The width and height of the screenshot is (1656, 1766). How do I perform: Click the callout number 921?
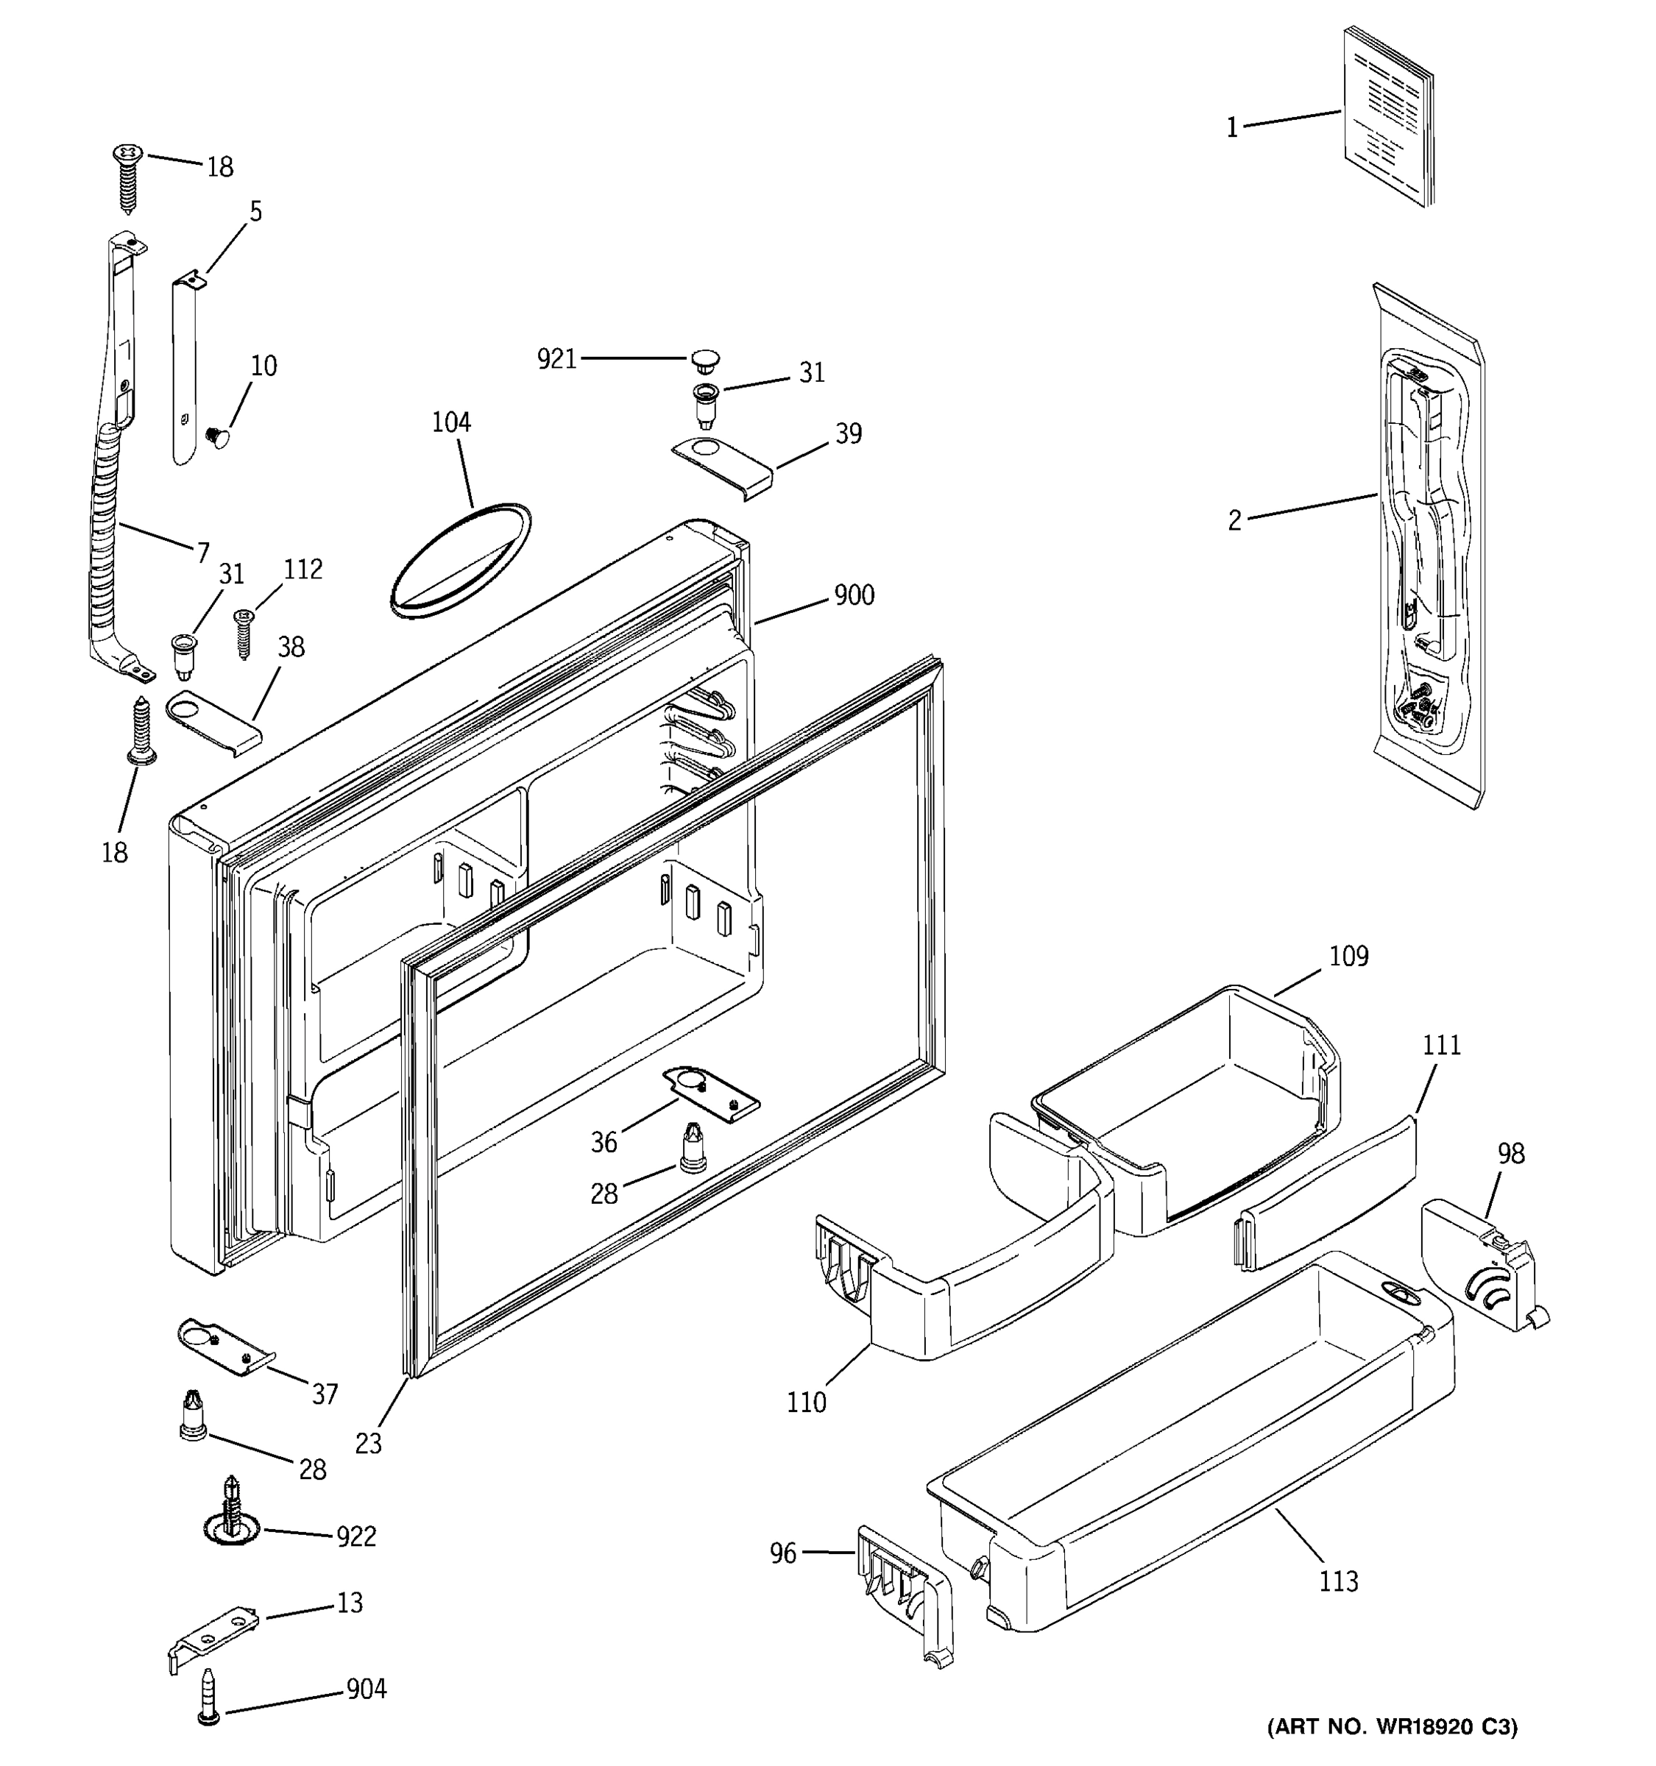[556, 359]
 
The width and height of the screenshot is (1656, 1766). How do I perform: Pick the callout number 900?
[854, 595]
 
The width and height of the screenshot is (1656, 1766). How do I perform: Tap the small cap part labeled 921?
[704, 360]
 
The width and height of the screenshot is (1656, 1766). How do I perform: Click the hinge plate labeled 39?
[721, 463]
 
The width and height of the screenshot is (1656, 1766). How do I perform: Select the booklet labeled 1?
[1386, 117]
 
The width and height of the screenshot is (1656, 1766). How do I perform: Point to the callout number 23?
[368, 1444]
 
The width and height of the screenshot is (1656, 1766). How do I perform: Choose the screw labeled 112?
[244, 631]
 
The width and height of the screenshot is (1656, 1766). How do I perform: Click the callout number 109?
[1348, 957]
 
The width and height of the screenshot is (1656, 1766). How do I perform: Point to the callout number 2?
[1234, 520]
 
